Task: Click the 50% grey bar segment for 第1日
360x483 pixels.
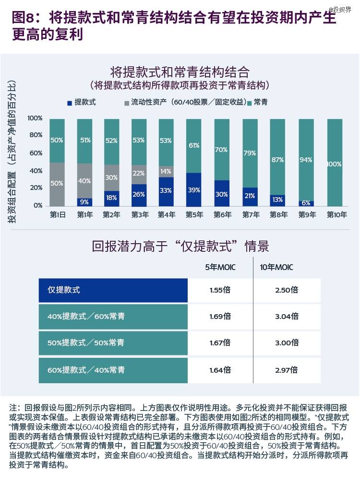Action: pos(57,184)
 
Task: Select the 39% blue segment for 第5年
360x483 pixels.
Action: pos(193,189)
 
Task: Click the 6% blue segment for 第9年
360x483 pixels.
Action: pos(306,203)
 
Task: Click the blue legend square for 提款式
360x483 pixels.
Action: pos(70,102)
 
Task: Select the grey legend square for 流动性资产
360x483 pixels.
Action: pos(127,102)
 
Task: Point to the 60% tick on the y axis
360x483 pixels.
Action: pos(36,153)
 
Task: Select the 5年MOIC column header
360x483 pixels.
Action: pos(220,267)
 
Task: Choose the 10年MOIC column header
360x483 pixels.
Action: pos(276,267)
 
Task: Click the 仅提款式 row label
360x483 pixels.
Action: pos(63,290)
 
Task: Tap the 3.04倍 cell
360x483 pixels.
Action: pos(288,316)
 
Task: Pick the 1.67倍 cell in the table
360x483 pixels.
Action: pos(220,342)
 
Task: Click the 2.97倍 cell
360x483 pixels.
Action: pos(288,370)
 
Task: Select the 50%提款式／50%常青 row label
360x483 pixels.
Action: pos(86,342)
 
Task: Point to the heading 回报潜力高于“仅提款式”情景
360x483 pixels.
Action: pos(180,247)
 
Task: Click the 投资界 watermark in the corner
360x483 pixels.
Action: pos(342,10)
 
